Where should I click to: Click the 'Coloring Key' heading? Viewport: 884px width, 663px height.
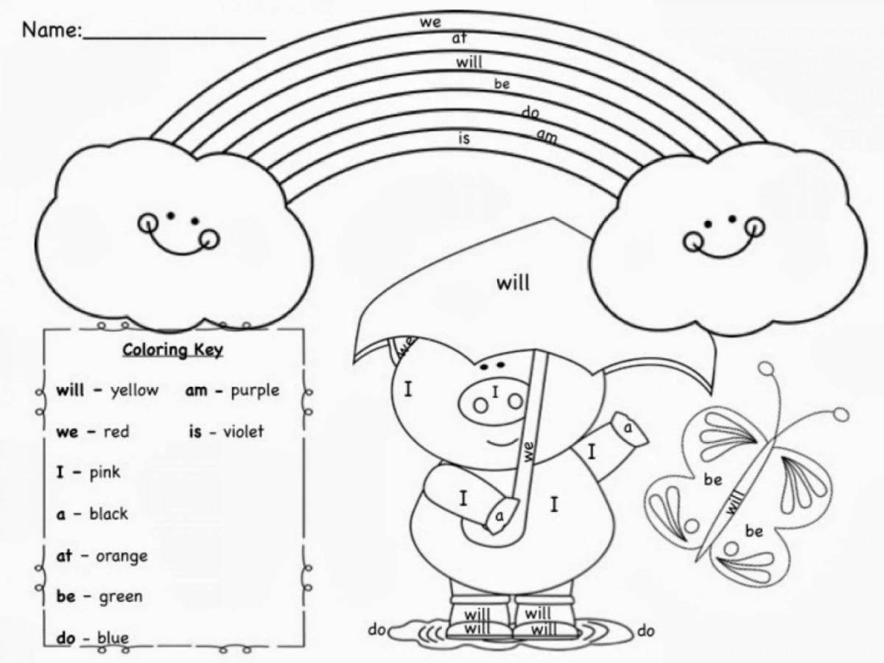(x=173, y=350)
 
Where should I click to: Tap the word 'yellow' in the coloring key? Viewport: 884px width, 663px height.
(x=135, y=390)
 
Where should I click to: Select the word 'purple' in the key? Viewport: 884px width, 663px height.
(x=255, y=390)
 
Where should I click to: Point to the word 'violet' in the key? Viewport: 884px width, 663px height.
(x=244, y=432)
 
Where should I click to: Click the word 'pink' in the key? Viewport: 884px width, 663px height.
(x=105, y=471)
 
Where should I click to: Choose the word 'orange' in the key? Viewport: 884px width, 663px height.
(x=122, y=557)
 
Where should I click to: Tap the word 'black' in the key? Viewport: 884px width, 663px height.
(x=108, y=513)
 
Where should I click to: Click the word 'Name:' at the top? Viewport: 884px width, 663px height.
(x=52, y=29)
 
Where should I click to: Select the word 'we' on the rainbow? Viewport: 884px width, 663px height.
(x=430, y=22)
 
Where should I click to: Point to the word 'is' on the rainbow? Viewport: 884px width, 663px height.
(x=464, y=138)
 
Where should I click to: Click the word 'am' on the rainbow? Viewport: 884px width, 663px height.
(x=547, y=136)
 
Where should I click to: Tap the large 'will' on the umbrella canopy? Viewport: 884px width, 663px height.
(x=513, y=283)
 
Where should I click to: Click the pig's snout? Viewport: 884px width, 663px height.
(x=493, y=399)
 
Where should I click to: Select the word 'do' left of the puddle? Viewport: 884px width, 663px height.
(x=377, y=630)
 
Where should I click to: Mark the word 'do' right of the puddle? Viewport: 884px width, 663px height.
(x=645, y=631)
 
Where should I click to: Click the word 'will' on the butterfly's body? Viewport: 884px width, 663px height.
(x=734, y=502)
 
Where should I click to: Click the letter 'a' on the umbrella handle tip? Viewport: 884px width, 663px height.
(x=499, y=516)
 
